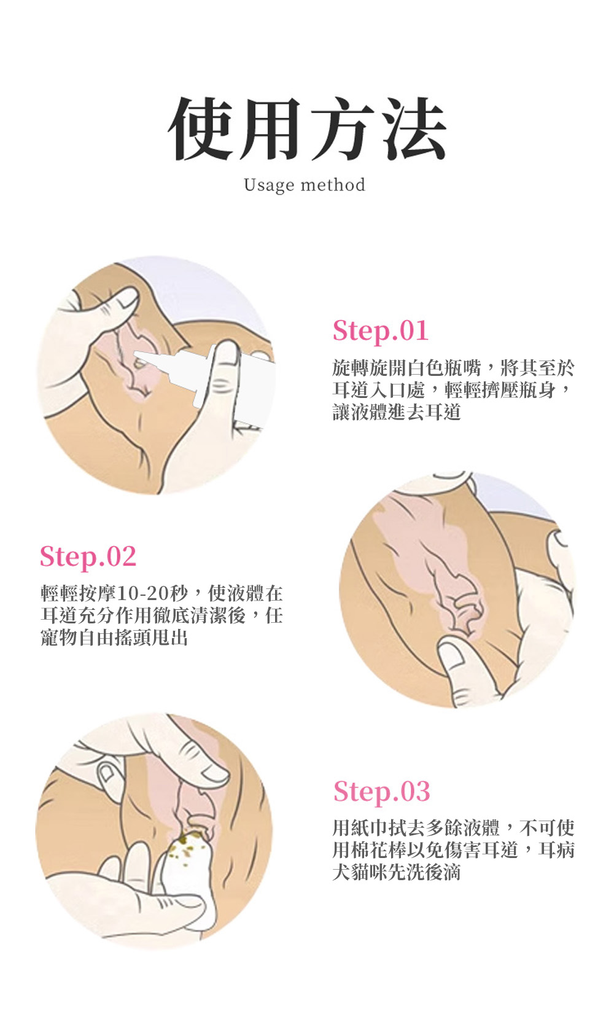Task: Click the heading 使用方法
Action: click(x=307, y=128)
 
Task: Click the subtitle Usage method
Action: click(x=305, y=185)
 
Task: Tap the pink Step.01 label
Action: click(x=381, y=330)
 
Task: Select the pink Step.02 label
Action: click(x=88, y=556)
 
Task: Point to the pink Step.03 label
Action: click(x=382, y=791)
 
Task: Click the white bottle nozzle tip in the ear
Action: click(x=138, y=354)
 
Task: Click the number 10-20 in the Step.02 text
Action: click(x=147, y=594)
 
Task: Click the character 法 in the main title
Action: click(x=414, y=129)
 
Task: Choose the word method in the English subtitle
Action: click(x=333, y=185)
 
